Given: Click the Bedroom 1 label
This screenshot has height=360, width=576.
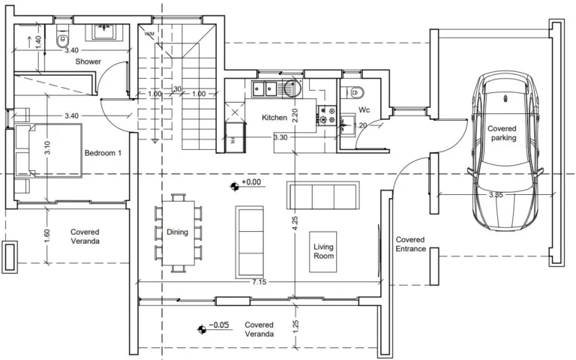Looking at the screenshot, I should (103, 152).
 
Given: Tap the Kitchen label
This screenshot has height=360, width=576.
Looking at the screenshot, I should (274, 118).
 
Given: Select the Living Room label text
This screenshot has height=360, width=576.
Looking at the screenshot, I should (324, 250).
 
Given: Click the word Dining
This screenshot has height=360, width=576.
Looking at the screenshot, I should (177, 232).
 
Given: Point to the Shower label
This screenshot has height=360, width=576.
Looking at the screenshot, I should (88, 61).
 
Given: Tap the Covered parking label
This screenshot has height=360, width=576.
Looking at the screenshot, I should (502, 133).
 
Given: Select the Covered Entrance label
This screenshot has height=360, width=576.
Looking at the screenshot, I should (410, 244).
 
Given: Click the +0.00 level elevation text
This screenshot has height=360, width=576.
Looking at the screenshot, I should (252, 182).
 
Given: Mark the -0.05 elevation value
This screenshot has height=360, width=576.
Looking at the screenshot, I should (219, 326).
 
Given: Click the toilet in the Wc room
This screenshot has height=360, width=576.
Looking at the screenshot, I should (358, 93).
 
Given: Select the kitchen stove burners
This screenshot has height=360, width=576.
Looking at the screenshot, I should (328, 115).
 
